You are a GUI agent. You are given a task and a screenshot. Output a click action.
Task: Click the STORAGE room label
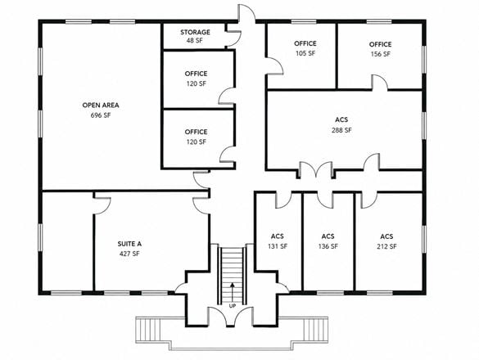pyautogui.click(x=195, y=32)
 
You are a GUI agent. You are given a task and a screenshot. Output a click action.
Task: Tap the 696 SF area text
pyautogui.click(x=101, y=115)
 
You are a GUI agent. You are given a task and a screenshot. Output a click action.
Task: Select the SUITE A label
pyautogui.click(x=129, y=244)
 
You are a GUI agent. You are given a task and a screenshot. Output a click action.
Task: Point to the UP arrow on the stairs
pyautogui.click(x=233, y=293)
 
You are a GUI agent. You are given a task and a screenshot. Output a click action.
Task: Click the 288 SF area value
pyautogui.click(x=341, y=130)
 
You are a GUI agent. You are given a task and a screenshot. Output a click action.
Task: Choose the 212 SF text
pyautogui.click(x=386, y=246)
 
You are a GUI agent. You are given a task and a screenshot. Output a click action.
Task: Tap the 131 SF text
pyautogui.click(x=278, y=246)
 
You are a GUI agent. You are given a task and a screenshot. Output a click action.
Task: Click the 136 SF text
pyautogui.click(x=328, y=246)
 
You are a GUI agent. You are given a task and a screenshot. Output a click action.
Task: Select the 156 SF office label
pyautogui.click(x=380, y=54)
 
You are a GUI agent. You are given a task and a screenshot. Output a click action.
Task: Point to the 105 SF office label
pyautogui.click(x=305, y=53)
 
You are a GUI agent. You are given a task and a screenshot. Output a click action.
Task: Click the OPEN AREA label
pyautogui.click(x=101, y=106)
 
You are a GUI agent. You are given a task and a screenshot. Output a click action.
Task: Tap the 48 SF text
pyautogui.click(x=195, y=41)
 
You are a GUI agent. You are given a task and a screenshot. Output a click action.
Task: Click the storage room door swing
pyautogui.click(x=233, y=38)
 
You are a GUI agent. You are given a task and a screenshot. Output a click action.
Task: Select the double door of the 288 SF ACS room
pyautogui.click(x=315, y=169)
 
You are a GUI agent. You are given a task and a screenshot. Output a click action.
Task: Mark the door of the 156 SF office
pyautogui.click(x=379, y=83)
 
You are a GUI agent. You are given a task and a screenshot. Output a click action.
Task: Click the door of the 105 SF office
pyautogui.click(x=275, y=66)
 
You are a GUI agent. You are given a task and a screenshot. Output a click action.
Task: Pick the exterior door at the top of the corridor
pyautogui.click(x=246, y=13)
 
